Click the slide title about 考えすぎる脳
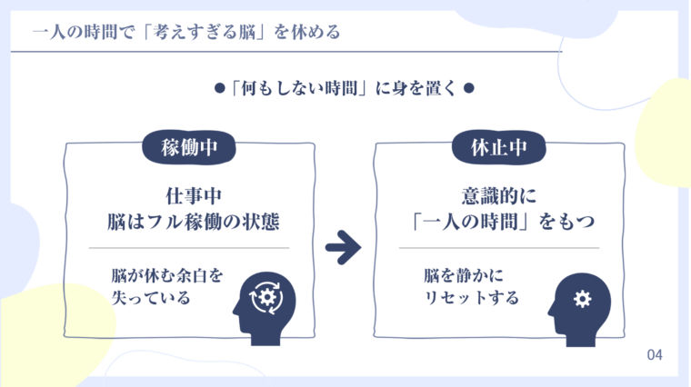[x=186, y=34]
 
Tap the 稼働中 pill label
[x=189, y=147]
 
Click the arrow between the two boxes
[x=343, y=246]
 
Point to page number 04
[x=655, y=354]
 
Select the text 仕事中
[x=188, y=196]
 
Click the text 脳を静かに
[x=463, y=273]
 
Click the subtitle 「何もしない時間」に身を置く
[x=344, y=89]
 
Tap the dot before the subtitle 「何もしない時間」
[x=218, y=89]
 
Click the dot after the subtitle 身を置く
[x=468, y=89]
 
